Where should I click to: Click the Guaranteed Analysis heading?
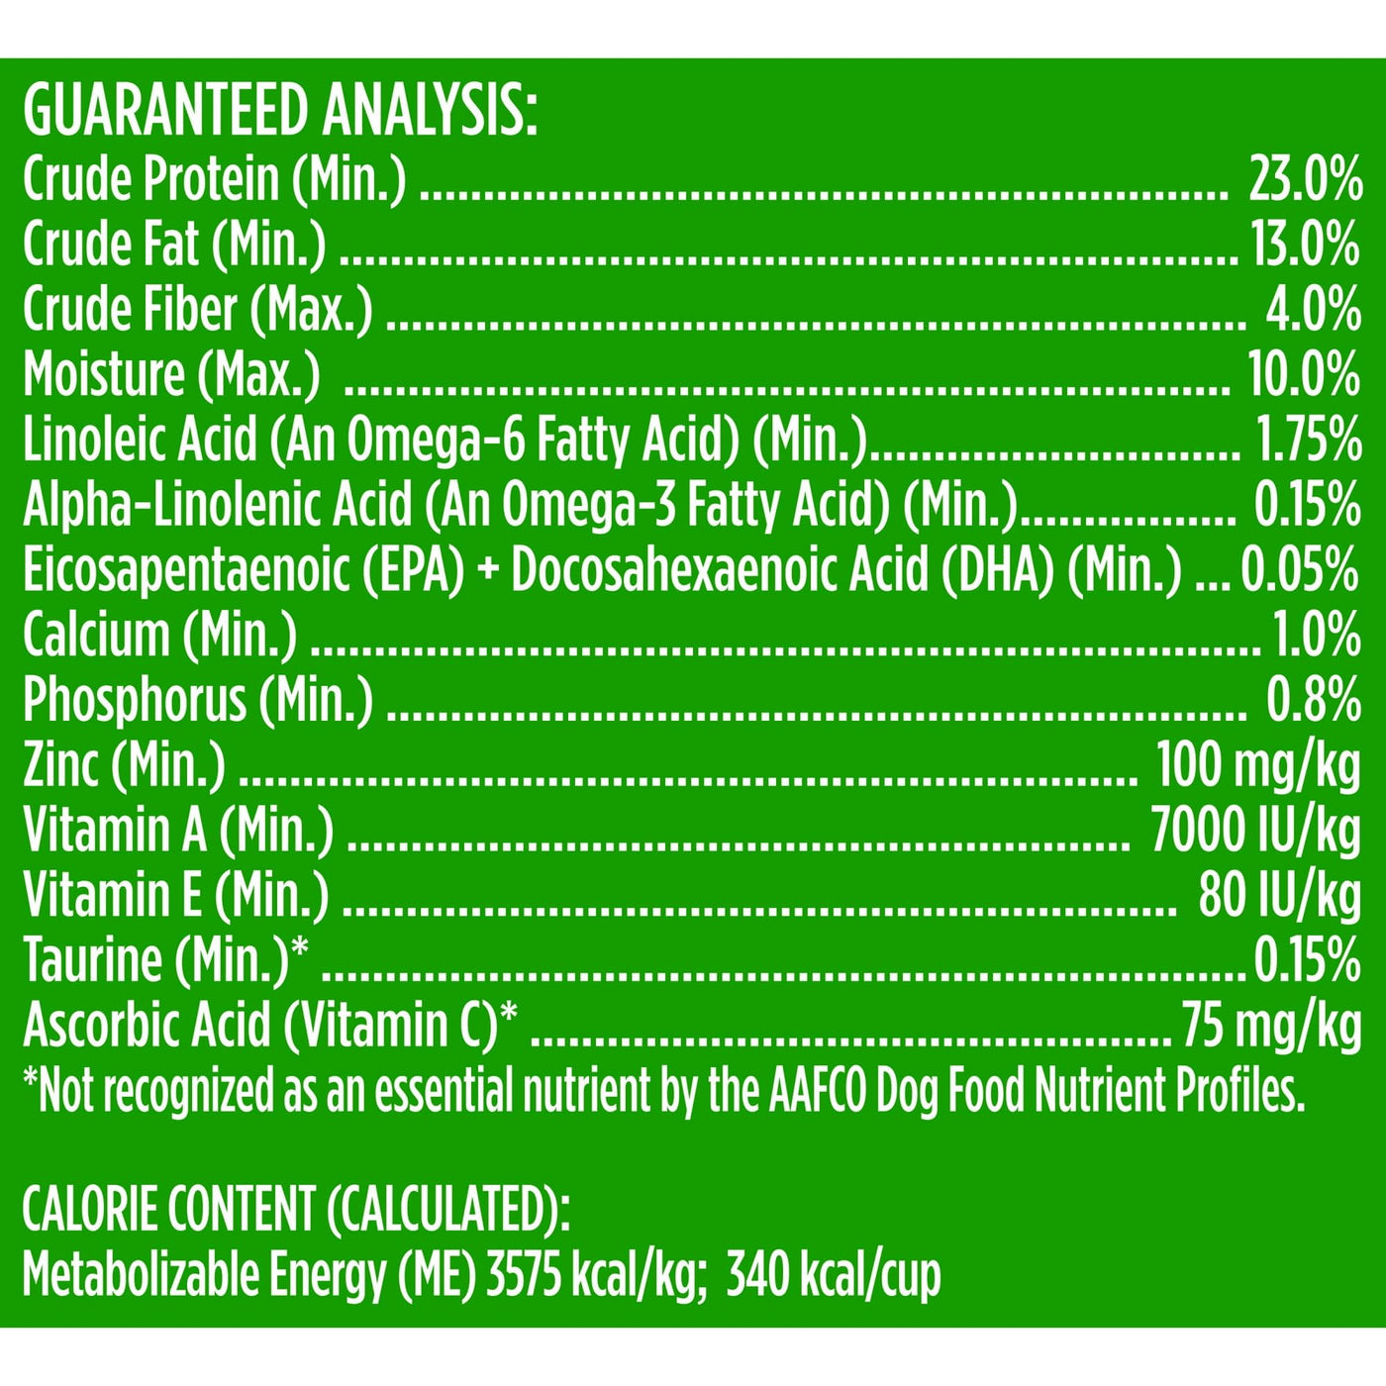[280, 111]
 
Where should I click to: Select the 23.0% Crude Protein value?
[1304, 180]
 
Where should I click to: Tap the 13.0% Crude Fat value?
[1305, 245]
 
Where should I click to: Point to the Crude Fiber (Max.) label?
[198, 310]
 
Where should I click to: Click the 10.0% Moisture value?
[1304, 375]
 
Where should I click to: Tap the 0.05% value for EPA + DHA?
[1299, 570]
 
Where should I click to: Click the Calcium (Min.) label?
[159, 636]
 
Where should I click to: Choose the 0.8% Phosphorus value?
[1313, 700]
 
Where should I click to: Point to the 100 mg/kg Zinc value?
[1258, 765]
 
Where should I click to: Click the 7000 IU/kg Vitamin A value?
[1255, 830]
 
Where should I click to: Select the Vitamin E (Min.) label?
[175, 895]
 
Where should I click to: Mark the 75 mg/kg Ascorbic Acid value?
[1271, 1025]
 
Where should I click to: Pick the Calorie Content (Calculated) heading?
[296, 1209]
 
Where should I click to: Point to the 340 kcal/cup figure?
[833, 1275]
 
